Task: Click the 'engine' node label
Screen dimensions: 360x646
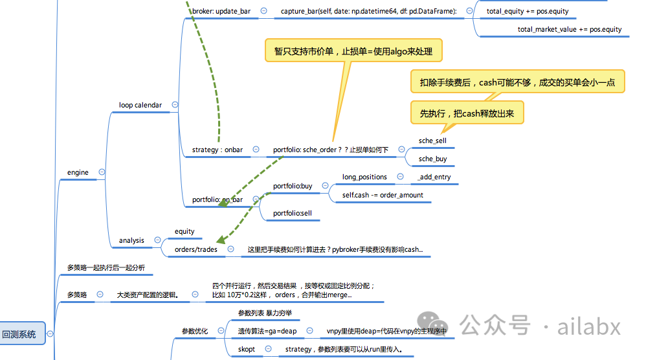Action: [x=78, y=172]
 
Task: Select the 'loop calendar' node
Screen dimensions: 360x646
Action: [x=140, y=105]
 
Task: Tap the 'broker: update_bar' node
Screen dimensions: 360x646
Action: [x=221, y=11]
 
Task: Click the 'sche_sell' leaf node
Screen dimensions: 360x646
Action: [x=432, y=140]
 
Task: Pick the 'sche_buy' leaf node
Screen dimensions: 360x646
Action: [x=432, y=159]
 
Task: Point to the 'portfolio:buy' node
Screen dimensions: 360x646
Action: [x=292, y=186]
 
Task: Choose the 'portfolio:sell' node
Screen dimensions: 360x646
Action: [x=292, y=212]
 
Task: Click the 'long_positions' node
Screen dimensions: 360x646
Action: [x=364, y=177]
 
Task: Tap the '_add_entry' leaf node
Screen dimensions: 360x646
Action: [x=434, y=177]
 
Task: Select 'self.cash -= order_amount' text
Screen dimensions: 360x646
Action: [x=383, y=195]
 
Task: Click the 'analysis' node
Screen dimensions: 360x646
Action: [x=131, y=240]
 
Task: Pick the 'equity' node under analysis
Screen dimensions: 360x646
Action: [x=184, y=231]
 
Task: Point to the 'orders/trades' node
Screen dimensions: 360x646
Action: [x=196, y=249]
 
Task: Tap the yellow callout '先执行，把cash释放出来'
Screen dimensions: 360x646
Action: [x=467, y=113]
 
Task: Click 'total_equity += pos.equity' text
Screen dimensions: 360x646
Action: [x=527, y=11]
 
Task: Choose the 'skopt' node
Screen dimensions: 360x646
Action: [x=246, y=349]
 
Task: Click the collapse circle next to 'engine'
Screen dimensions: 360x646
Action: [x=102, y=172]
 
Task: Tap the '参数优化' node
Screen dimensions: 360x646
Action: [x=194, y=331]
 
